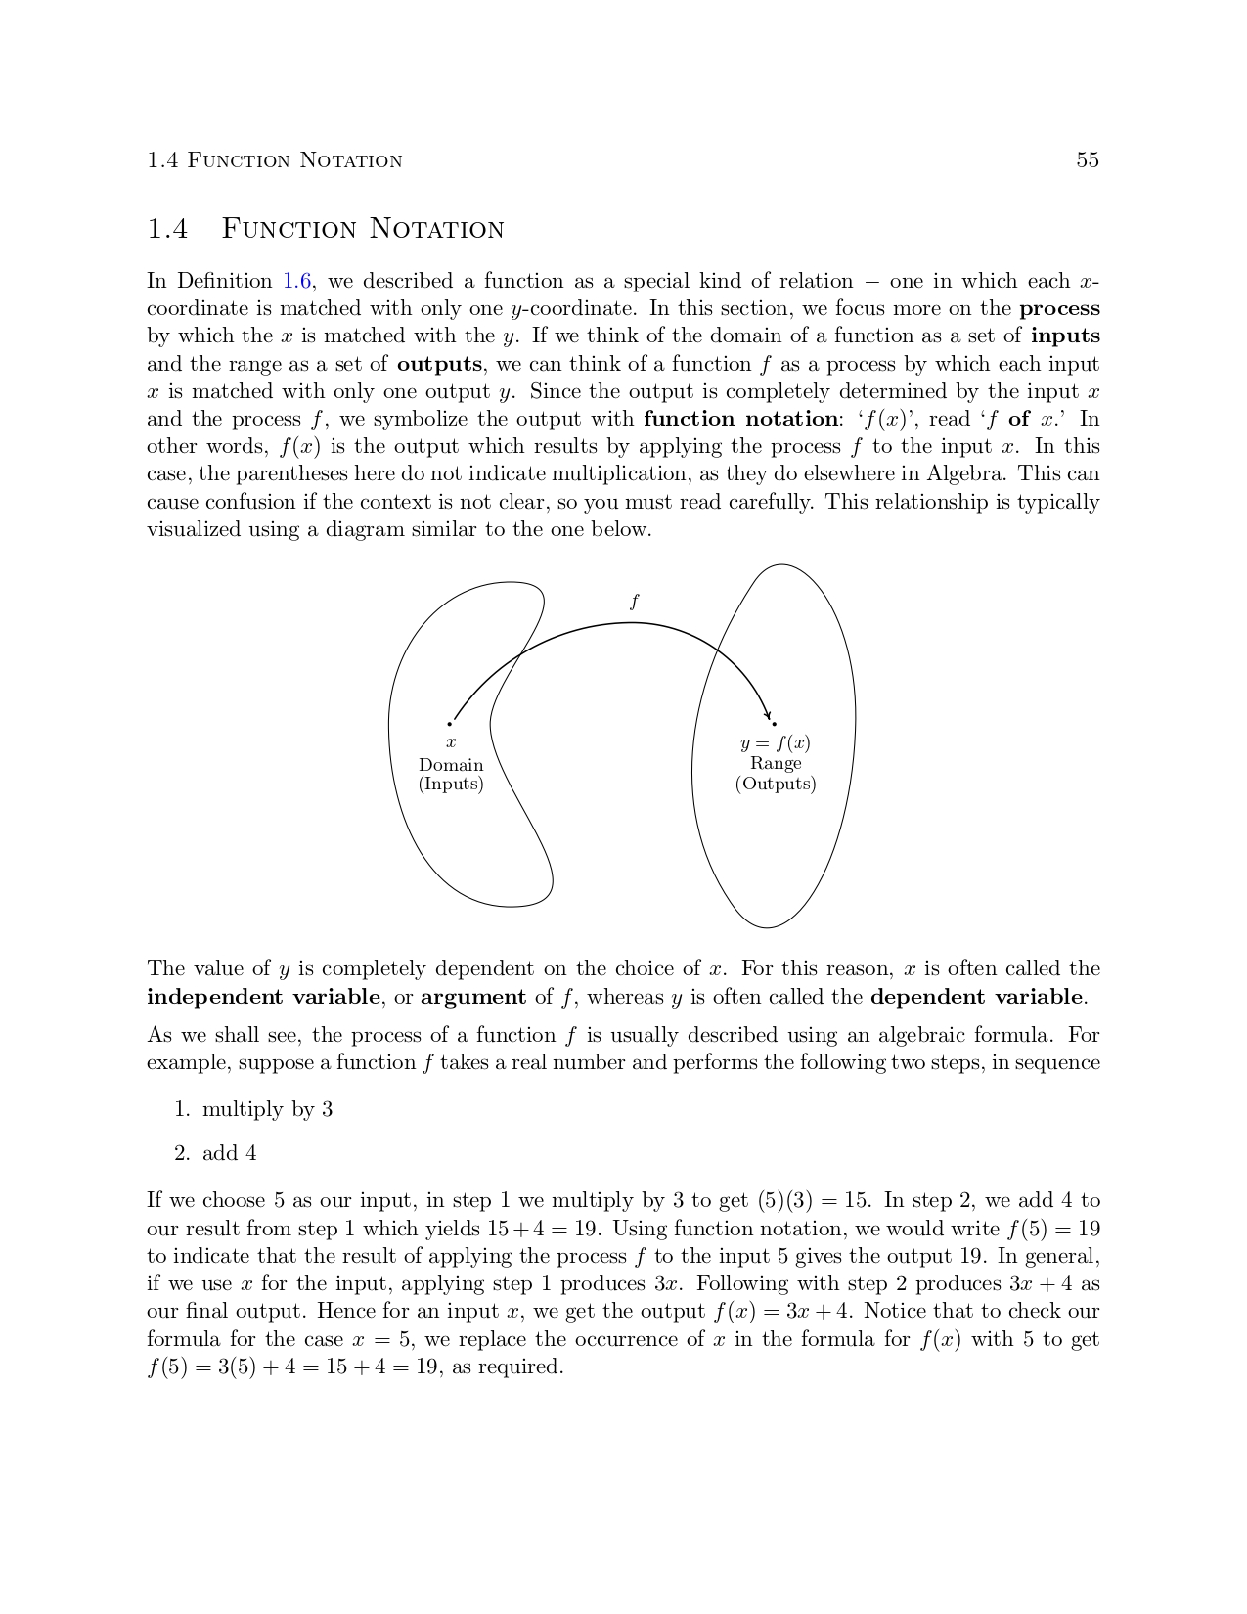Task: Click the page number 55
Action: coord(1088,160)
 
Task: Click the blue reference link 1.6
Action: coord(297,282)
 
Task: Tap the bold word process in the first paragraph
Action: coord(1059,309)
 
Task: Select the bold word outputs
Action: coord(439,365)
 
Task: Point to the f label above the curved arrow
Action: coord(635,602)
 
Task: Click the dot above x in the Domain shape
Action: coord(450,724)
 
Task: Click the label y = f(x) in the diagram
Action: coord(776,743)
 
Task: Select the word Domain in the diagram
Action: coord(451,765)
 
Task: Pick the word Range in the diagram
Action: coord(776,763)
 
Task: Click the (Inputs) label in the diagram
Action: coord(451,785)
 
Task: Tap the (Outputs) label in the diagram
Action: coord(776,785)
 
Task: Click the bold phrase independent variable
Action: coord(263,998)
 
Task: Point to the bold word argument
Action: coord(473,998)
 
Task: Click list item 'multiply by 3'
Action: coord(267,1110)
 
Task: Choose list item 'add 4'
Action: coord(229,1154)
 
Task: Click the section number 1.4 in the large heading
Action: coord(167,230)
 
